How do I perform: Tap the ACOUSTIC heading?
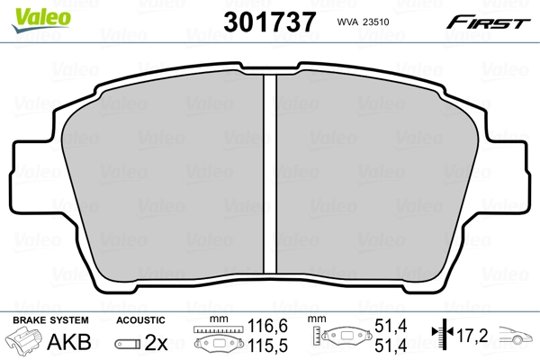point(140,320)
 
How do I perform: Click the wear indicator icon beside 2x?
point(130,343)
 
